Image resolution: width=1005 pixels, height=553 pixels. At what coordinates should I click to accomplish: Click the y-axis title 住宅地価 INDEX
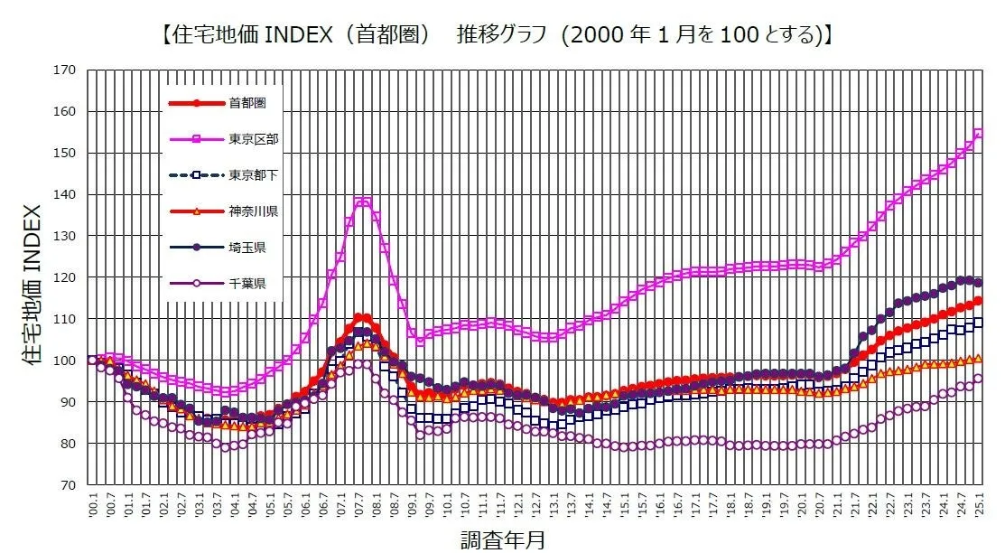tap(30, 277)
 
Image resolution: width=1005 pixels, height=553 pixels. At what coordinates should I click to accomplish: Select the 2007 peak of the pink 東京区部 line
tap(362, 202)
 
